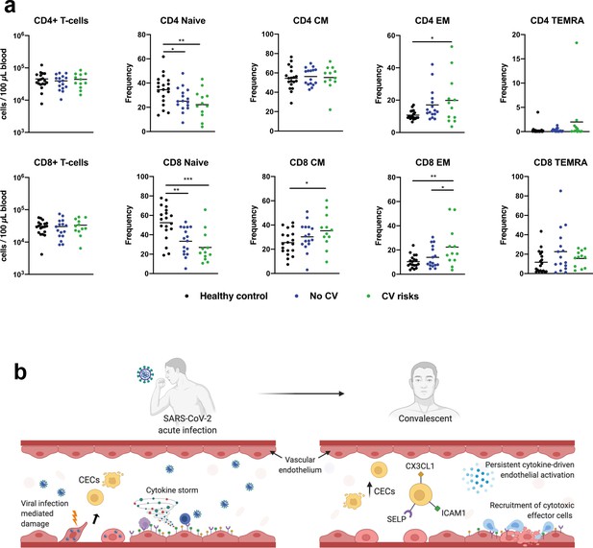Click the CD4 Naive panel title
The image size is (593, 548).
(183, 20)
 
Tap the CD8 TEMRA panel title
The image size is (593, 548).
(560, 162)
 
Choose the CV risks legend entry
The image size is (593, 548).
(392, 297)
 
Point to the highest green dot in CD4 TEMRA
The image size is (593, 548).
(577, 42)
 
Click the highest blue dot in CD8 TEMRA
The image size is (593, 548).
(560, 191)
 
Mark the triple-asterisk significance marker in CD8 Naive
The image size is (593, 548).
(187, 179)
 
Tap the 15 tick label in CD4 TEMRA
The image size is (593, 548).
(516, 59)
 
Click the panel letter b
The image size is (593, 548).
(20, 371)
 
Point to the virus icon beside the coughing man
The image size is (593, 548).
(145, 374)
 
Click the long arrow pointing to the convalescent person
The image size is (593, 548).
(302, 393)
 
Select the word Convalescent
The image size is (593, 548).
(425, 418)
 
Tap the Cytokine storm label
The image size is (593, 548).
(172, 490)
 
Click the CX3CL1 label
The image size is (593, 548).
(420, 466)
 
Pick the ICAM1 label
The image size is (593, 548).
(454, 513)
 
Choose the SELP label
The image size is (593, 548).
(396, 519)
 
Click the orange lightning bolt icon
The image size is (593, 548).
(75, 517)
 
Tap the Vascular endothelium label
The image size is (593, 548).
(300, 465)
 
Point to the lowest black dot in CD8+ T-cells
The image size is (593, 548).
(42, 254)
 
